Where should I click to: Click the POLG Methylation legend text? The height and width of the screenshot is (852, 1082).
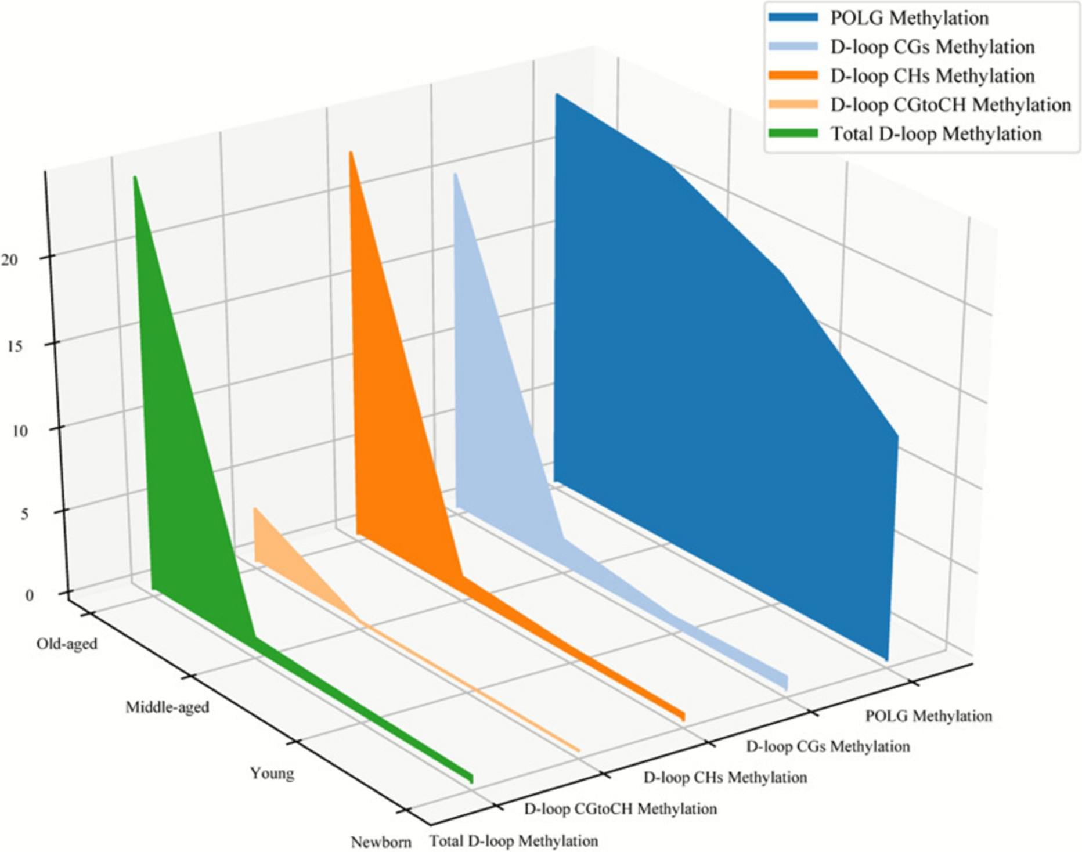909,18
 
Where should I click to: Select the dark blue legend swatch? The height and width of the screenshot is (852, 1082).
793,18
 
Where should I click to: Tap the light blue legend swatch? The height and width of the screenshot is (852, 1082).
793,47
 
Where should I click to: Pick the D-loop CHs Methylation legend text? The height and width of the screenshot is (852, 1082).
932,76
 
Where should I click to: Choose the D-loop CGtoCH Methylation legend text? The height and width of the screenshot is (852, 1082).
950,105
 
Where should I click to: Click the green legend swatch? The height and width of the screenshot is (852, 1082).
793,134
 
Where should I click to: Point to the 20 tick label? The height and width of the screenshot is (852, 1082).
10,259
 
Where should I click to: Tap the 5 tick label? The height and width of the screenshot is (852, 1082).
24,514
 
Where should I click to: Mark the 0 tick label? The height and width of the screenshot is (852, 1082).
29,595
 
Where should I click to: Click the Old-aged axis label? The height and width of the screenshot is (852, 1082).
67,644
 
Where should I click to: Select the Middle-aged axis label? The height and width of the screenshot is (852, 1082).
167,707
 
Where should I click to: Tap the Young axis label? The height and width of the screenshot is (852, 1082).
272,774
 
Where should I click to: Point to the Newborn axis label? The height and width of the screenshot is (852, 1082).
381,842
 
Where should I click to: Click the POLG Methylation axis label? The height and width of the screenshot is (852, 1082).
928,716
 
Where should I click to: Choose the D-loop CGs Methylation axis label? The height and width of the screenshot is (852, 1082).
828,746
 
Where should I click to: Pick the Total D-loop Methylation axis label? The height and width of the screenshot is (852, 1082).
513,841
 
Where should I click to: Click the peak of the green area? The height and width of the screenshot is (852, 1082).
135,177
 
